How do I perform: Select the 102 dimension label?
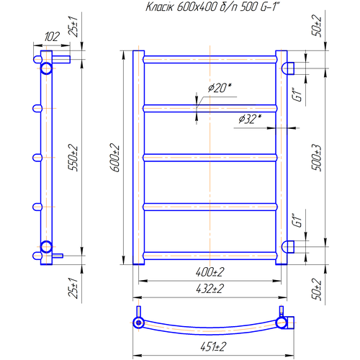tap(52, 37)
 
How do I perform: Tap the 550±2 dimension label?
tap(73, 157)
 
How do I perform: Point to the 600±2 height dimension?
tap(114, 158)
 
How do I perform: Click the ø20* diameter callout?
tap(220, 88)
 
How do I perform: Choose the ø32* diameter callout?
tap(250, 119)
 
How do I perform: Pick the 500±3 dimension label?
tap(316, 158)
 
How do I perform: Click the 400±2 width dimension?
tap(210, 272)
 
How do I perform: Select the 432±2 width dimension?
tap(210, 289)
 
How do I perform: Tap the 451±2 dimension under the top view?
tap(213, 346)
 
